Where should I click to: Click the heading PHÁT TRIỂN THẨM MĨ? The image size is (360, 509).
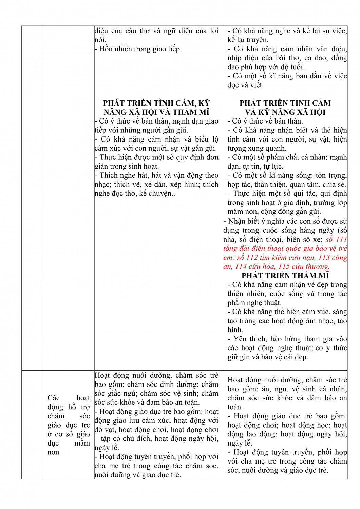[x=285, y=276]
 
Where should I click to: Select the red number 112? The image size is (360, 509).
[x=251, y=258]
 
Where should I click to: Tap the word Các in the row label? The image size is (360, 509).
[x=54, y=398]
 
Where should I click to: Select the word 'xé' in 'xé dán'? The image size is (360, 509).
[x=148, y=185]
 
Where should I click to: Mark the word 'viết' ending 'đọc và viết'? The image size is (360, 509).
[x=257, y=85]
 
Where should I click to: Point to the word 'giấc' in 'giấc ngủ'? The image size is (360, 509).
[x=114, y=394]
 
